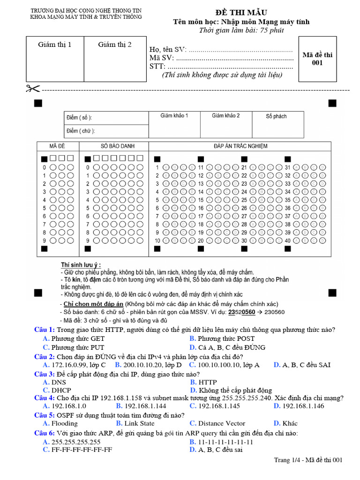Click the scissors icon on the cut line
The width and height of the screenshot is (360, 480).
click(x=34, y=89)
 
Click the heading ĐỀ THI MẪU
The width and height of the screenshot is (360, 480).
click(x=241, y=12)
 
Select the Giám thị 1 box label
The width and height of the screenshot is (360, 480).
click(x=55, y=45)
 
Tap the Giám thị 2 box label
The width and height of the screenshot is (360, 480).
click(x=115, y=45)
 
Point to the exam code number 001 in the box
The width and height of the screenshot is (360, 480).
click(x=317, y=63)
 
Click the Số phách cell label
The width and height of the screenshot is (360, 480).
click(x=276, y=116)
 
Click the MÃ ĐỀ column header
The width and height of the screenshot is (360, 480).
click(x=58, y=146)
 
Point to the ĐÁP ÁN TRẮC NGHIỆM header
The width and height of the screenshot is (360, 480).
click(x=240, y=146)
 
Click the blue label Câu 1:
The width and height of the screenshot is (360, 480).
click(x=45, y=330)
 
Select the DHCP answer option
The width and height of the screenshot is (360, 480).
click(x=61, y=390)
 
